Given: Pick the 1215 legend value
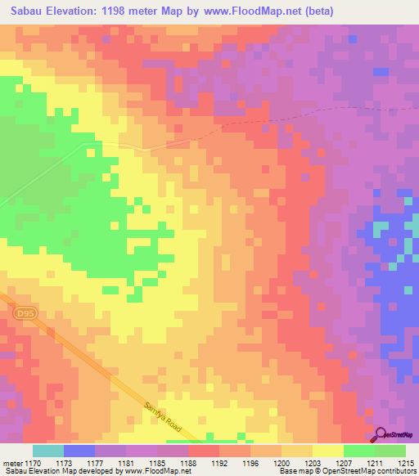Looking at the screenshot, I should click(406, 462).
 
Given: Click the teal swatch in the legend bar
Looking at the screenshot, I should click(47, 451).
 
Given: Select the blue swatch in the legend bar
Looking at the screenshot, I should click(79, 451).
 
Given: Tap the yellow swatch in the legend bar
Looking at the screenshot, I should click(327, 451).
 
